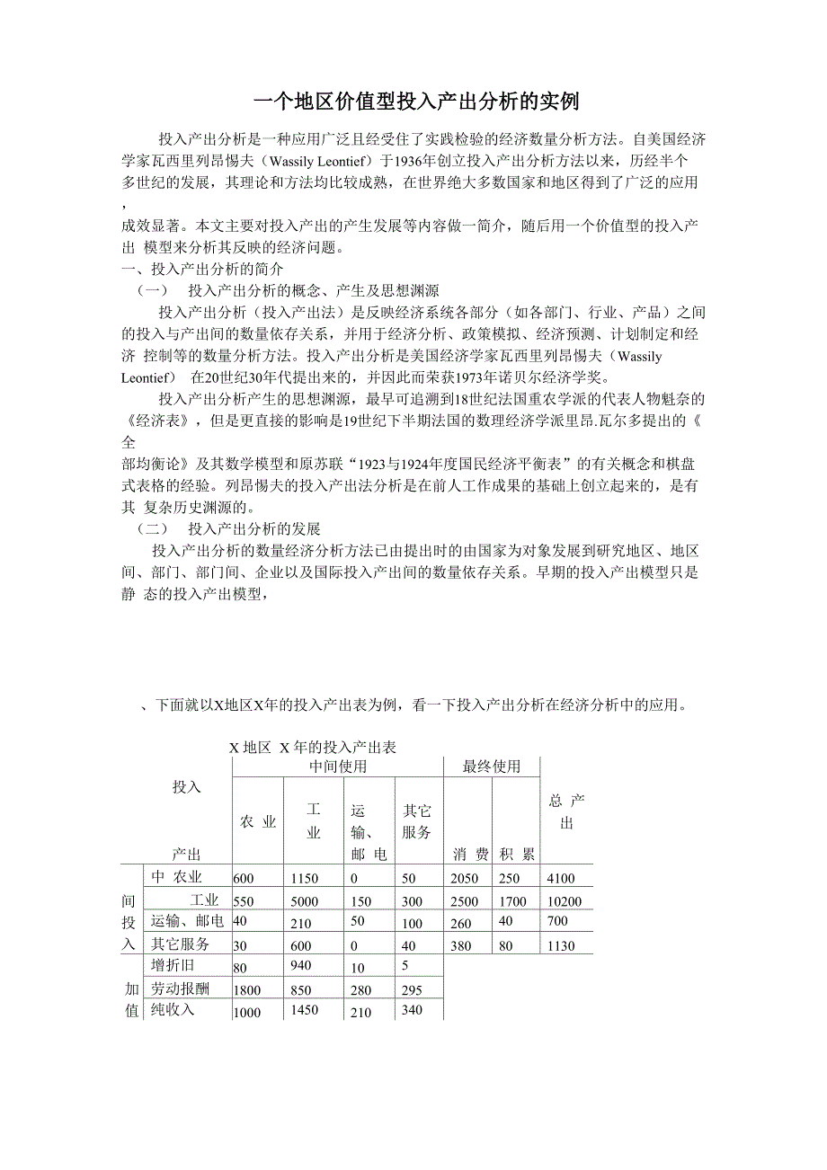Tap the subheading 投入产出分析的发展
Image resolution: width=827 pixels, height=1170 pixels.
click(x=253, y=528)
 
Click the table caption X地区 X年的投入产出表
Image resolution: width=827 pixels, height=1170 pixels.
click(x=313, y=747)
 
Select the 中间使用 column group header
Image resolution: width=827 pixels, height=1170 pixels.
click(x=338, y=767)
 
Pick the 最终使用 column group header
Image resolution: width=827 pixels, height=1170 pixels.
click(x=492, y=767)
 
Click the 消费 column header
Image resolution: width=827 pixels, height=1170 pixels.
click(x=470, y=854)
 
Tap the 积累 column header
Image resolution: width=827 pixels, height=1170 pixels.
click(x=517, y=854)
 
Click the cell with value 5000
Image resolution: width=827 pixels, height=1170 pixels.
click(x=305, y=901)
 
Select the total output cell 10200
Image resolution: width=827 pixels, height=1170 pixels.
click(x=564, y=901)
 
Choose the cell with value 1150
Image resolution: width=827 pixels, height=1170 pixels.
click(x=305, y=878)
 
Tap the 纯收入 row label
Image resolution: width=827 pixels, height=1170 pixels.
click(x=173, y=1010)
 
